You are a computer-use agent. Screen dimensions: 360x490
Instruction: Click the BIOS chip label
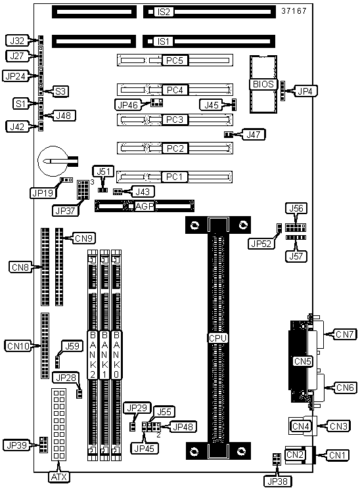[263, 84]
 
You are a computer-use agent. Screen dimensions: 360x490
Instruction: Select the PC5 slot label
[175, 60]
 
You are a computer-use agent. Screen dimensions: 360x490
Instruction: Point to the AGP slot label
[145, 206]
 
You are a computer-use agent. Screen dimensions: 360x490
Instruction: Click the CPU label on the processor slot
[217, 338]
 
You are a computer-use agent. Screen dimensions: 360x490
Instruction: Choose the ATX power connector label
[58, 477]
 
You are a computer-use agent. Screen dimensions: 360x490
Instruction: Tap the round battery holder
[53, 161]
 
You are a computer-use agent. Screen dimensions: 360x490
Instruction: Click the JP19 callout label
[43, 193]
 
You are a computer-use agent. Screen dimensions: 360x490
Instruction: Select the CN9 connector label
[83, 238]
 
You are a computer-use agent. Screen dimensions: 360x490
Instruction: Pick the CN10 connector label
[18, 346]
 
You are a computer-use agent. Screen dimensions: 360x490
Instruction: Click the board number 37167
[294, 11]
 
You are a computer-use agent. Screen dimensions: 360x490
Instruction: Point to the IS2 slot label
[164, 12]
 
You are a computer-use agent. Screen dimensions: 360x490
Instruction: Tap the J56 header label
[296, 208]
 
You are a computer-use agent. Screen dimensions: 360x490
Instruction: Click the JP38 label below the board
[277, 481]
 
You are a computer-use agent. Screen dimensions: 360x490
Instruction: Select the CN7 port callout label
[345, 334]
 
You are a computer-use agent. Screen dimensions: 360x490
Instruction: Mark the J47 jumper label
[255, 135]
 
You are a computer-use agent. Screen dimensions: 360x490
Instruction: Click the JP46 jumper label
[127, 105]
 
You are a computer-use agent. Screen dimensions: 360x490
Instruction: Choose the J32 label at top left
[17, 40]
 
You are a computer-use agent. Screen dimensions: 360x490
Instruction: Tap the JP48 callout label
[183, 427]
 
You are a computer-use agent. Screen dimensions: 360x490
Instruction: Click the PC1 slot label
[174, 177]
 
